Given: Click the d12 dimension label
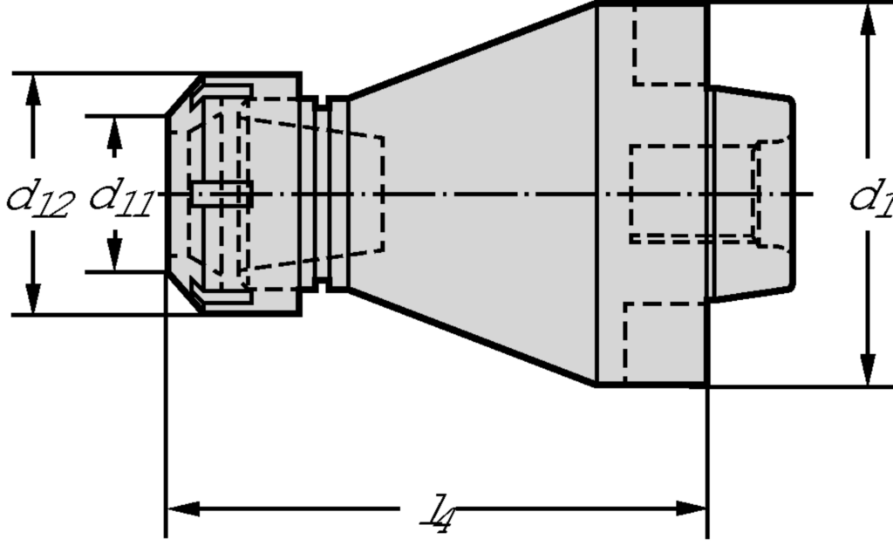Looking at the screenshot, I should [39, 198].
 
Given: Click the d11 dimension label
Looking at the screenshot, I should [120, 198].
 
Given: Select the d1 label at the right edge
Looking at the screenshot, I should [871, 198].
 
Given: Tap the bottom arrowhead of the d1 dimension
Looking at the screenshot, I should [868, 370].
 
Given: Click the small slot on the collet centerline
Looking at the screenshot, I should [222, 194].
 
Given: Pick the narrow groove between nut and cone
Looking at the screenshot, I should [321, 194].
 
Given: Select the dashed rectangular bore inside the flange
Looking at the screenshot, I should [689, 193].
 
